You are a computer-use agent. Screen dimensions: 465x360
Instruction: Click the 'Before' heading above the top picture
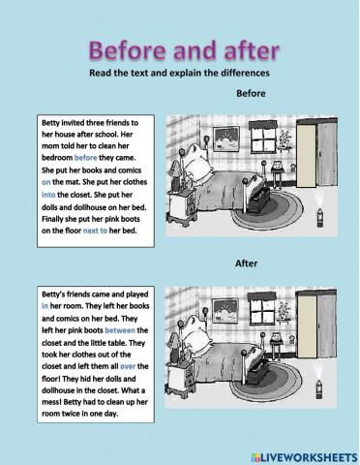pyautogui.click(x=250, y=94)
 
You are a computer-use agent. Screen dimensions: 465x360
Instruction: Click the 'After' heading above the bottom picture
pyautogui.click(x=248, y=263)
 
